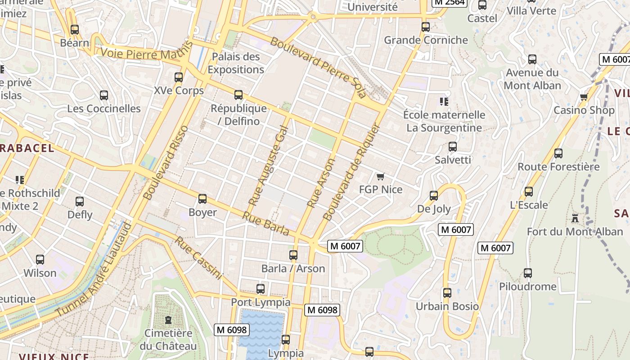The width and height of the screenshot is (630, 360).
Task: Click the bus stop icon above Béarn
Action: (x=75, y=30)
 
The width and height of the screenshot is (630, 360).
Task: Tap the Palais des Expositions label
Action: (x=236, y=63)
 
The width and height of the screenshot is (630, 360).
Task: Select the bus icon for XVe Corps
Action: (x=179, y=77)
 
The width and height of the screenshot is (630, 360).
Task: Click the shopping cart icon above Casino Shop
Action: (x=584, y=97)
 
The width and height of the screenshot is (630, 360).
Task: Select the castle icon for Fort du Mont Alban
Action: (x=575, y=218)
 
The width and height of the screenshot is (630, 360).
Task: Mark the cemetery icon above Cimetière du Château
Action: (x=168, y=320)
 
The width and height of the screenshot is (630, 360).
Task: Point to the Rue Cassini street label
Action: (x=198, y=258)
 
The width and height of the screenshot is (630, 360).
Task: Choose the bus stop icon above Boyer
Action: (x=202, y=198)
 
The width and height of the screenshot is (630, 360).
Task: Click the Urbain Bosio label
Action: (x=447, y=306)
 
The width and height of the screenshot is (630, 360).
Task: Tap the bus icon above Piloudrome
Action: (x=527, y=273)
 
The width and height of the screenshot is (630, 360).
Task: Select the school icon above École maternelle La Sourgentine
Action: (x=444, y=101)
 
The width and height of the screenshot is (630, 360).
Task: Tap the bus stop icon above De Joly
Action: (x=434, y=195)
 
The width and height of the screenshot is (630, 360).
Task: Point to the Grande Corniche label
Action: (x=426, y=40)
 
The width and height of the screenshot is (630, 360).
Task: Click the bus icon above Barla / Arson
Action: (x=293, y=255)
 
